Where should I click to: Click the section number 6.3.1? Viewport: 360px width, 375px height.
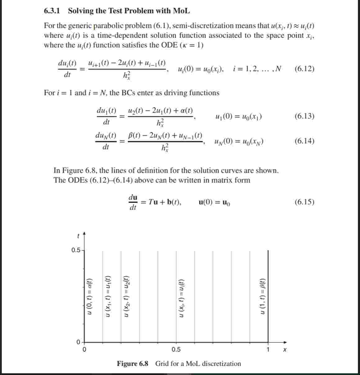click(52, 11)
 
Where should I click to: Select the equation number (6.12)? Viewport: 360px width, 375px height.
click(304, 68)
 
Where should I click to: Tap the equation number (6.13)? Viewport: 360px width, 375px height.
click(304, 116)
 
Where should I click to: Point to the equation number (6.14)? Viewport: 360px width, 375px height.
click(304, 141)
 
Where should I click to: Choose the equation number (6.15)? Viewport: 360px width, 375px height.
click(304, 202)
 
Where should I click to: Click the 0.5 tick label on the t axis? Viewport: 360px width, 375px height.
click(75, 250)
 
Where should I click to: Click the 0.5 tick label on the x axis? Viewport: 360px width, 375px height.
click(176, 350)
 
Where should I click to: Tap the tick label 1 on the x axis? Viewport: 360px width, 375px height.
click(268, 350)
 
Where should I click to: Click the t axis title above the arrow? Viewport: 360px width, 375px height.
click(78, 236)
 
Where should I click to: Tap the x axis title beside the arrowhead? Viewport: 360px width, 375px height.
click(285, 350)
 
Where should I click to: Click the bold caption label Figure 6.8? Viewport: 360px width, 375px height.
click(133, 364)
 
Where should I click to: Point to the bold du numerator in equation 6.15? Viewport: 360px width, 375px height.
click(133, 197)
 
